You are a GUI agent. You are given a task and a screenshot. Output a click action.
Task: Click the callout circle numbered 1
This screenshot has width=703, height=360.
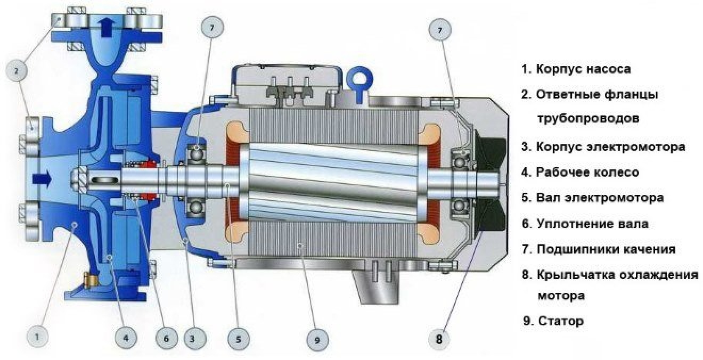click(x=37, y=338)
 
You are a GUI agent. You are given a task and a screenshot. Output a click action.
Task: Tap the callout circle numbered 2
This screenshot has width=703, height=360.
click(x=17, y=71)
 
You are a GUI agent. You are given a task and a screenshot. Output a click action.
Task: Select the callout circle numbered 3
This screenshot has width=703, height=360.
click(x=192, y=339)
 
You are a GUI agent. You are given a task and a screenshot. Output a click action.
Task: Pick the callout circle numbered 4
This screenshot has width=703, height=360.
click(x=126, y=338)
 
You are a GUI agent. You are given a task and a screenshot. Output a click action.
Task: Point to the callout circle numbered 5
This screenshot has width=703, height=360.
click(x=239, y=339)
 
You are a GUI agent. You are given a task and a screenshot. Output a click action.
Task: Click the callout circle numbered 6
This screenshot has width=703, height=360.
click(x=166, y=338)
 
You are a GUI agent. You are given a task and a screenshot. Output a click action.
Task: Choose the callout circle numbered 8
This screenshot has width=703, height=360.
click(x=439, y=339)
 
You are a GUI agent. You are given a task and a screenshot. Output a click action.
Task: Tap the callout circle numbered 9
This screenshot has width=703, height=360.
click(x=317, y=340)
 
